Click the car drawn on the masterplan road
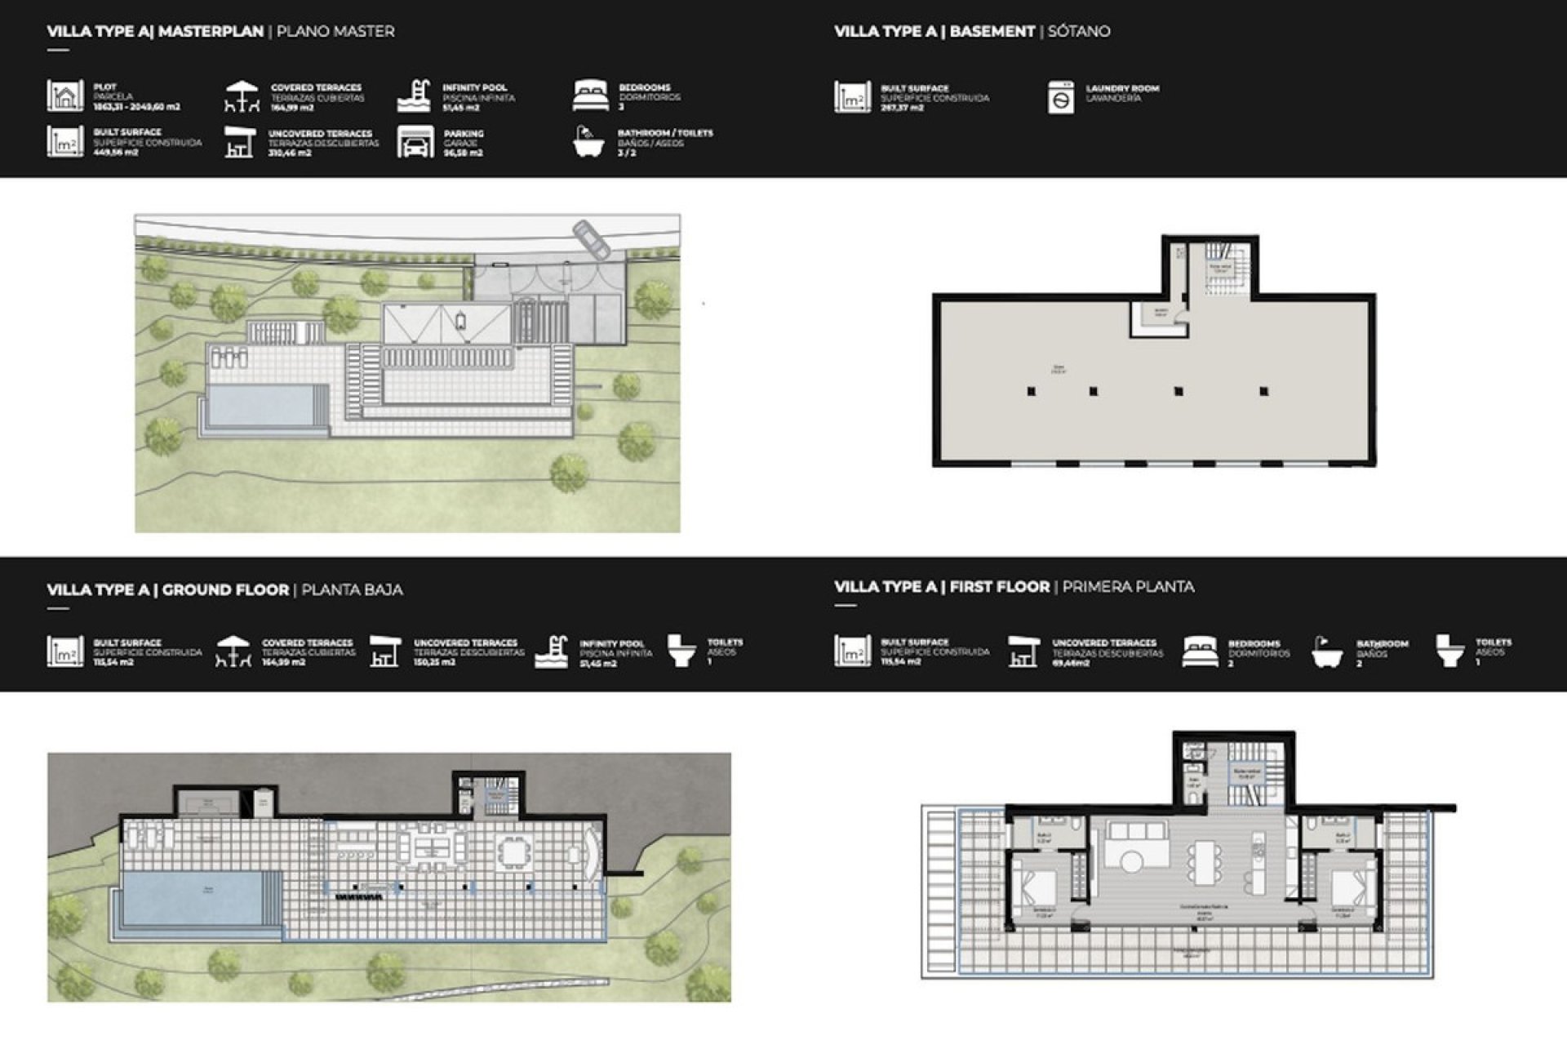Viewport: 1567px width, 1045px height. click(591, 239)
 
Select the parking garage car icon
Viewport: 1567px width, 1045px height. click(415, 142)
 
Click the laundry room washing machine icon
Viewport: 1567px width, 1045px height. click(1060, 98)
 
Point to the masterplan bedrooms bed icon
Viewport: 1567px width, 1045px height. click(590, 96)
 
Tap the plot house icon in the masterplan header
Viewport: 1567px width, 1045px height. click(64, 96)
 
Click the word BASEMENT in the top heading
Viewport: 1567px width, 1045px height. click(992, 32)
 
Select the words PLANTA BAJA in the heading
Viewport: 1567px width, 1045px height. click(352, 589)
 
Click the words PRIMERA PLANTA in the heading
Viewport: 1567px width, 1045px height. click(1128, 587)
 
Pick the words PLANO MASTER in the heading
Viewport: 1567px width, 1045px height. click(335, 32)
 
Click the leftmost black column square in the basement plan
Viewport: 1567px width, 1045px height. click(1032, 392)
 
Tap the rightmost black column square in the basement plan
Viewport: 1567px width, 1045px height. click(1263, 392)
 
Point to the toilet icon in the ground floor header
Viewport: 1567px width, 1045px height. click(681, 651)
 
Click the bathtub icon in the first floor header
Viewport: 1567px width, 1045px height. click(1326, 652)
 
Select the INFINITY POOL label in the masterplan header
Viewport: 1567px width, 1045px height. click(474, 87)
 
